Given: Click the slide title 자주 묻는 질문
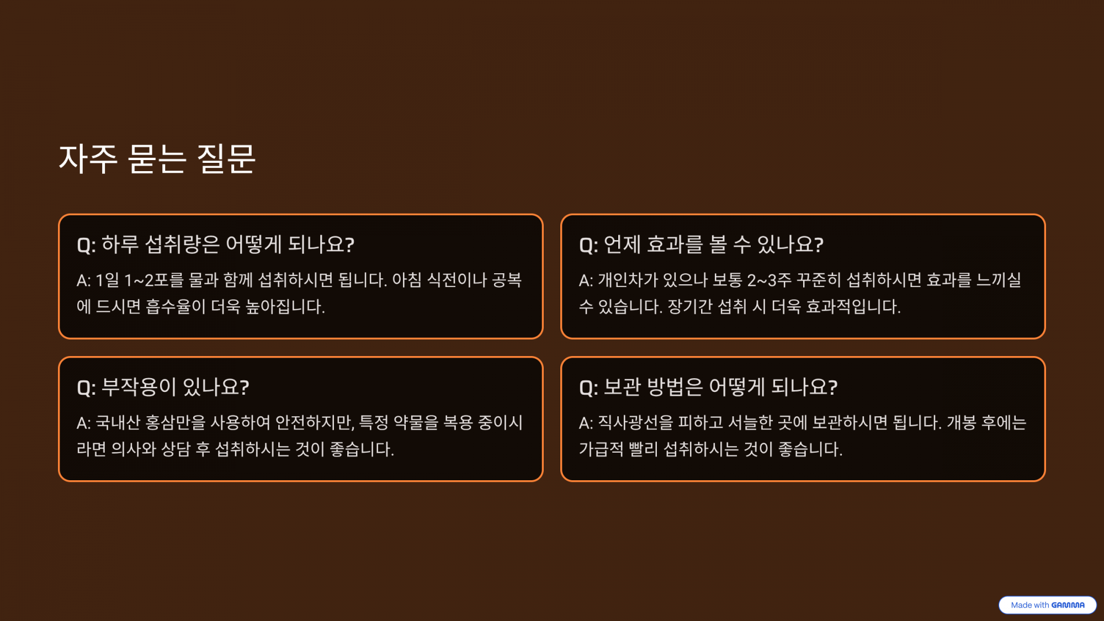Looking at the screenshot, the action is [x=157, y=159].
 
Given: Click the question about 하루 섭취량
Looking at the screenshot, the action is [x=215, y=244].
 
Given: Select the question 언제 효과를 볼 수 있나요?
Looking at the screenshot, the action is [x=701, y=244].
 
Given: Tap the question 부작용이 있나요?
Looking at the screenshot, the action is [x=163, y=386].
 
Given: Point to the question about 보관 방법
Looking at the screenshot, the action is [x=708, y=386].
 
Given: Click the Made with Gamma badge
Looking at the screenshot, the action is [x=1047, y=605].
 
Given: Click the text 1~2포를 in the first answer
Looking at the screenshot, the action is [x=154, y=280].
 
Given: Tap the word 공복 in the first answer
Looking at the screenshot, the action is [x=507, y=280].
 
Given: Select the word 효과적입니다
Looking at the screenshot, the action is [x=853, y=307].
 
